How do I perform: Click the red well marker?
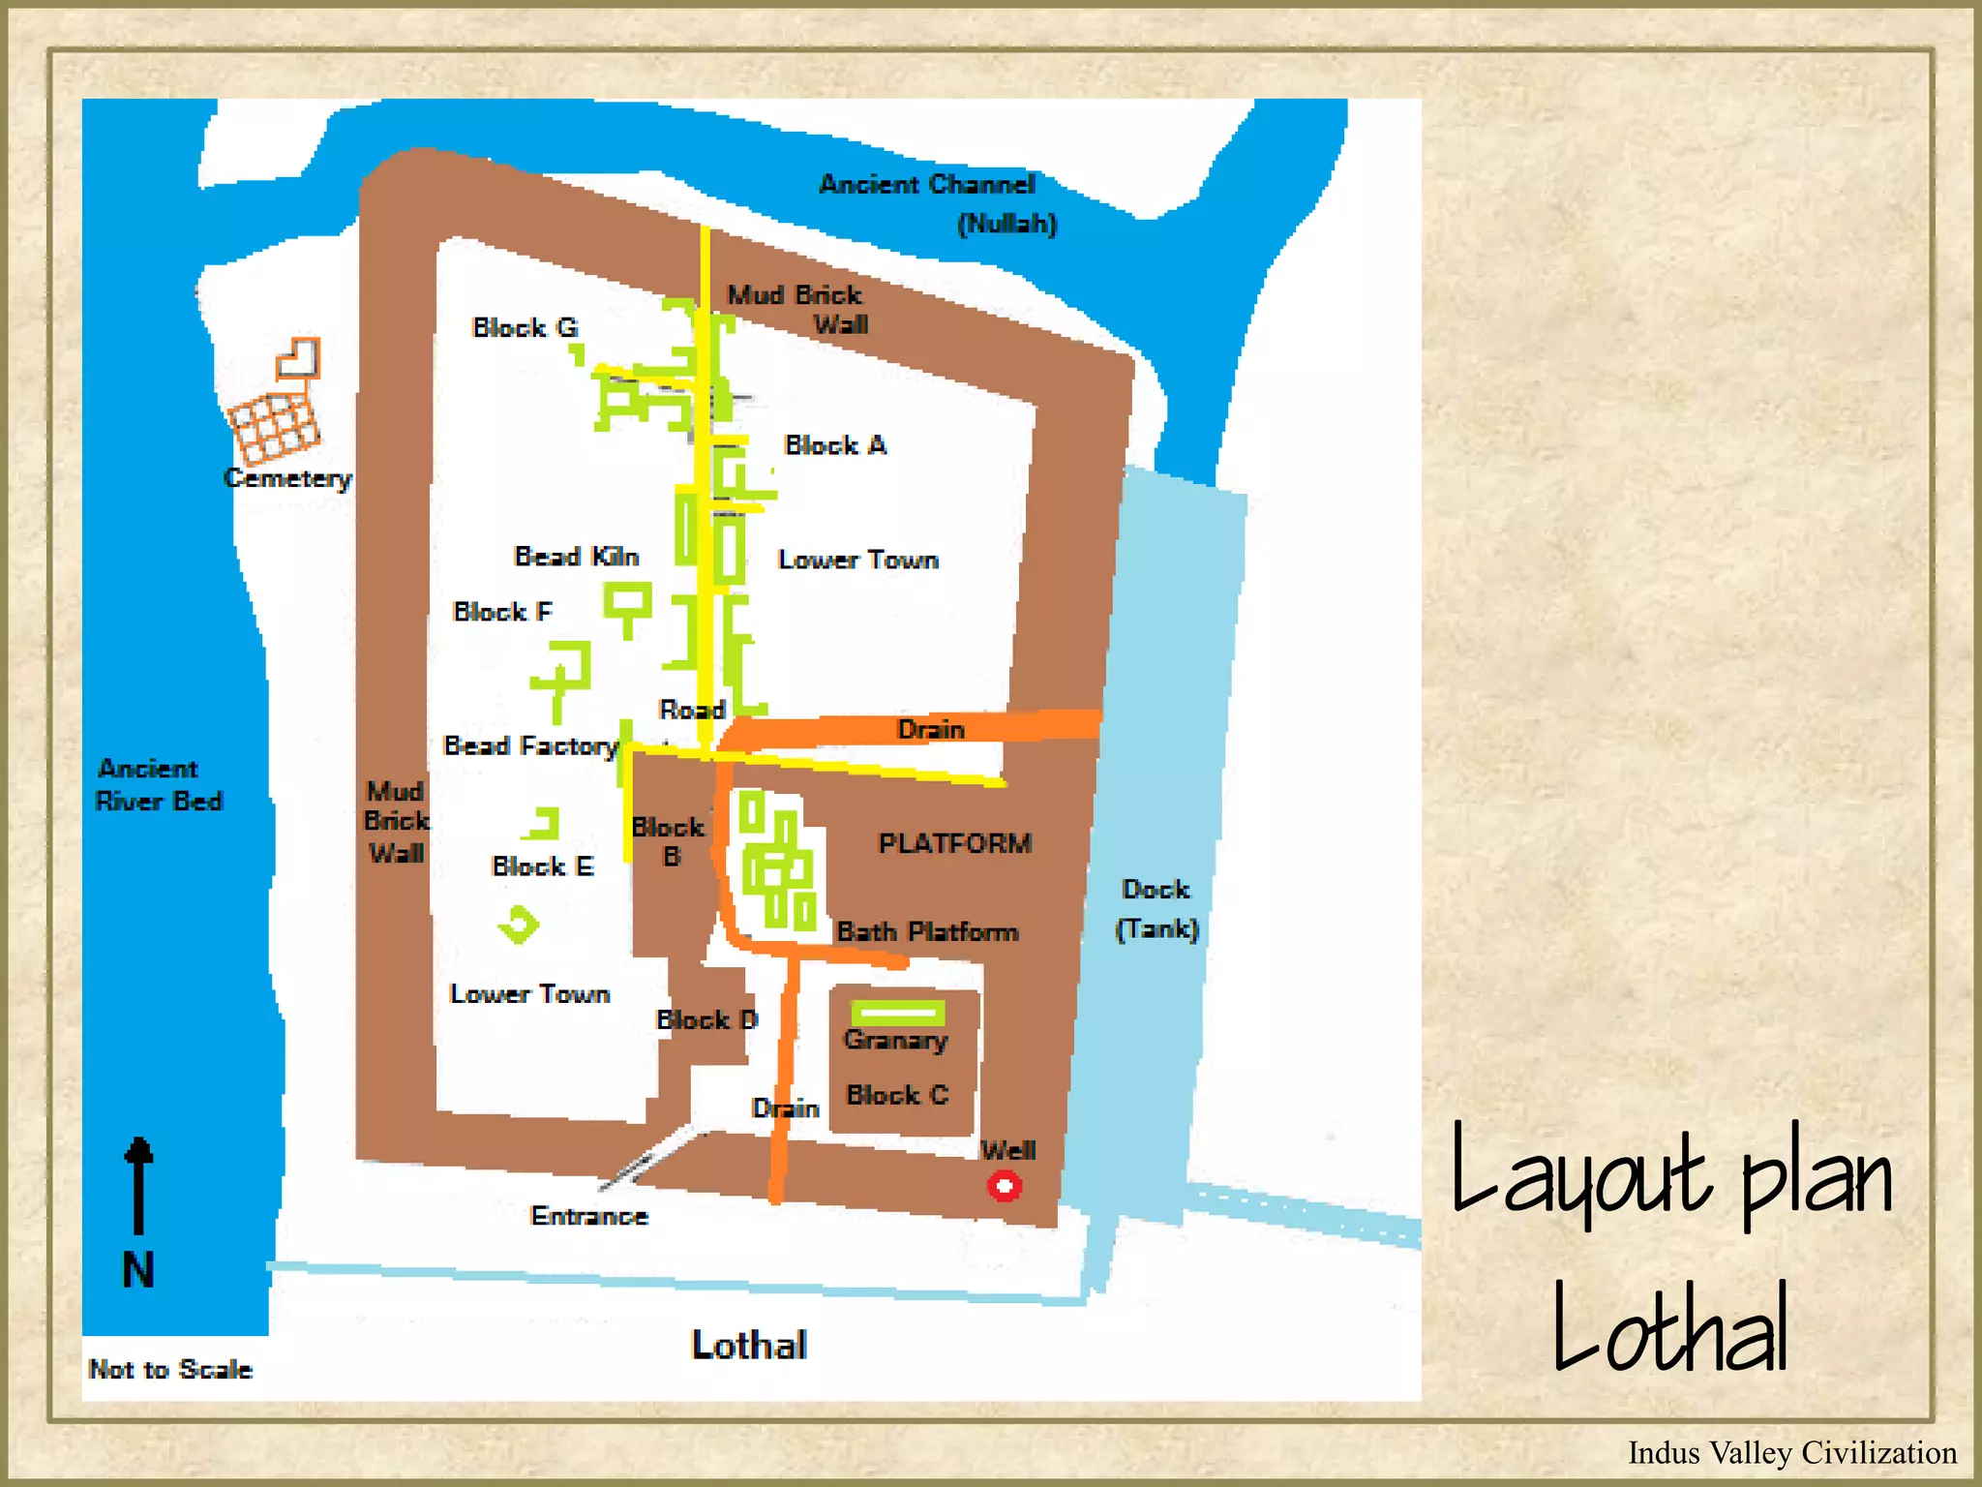click(x=1004, y=1186)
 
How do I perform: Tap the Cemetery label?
click(x=287, y=478)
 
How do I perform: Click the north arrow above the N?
click(x=139, y=1185)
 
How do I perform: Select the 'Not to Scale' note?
click(x=170, y=1369)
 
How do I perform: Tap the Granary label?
click(x=895, y=1041)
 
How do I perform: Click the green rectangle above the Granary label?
click(x=897, y=1013)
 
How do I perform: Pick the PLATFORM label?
click(x=954, y=843)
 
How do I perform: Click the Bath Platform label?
click(x=927, y=931)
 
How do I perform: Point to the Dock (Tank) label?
click(x=1156, y=909)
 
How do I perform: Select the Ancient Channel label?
click(x=927, y=185)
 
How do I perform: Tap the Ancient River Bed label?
click(x=159, y=785)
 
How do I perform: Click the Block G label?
click(x=525, y=328)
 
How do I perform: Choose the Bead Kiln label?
click(x=576, y=557)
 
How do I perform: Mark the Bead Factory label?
click(x=530, y=745)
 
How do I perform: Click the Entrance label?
click(x=589, y=1216)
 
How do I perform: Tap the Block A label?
click(x=835, y=445)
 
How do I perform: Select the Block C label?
click(x=897, y=1095)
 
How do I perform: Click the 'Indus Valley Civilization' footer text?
click(x=1791, y=1452)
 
